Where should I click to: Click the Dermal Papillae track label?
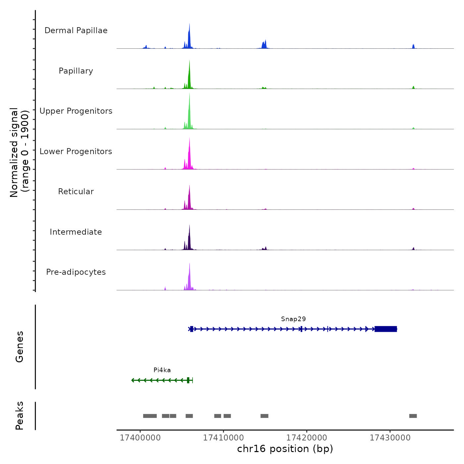(x=76, y=30)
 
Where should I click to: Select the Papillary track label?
(x=76, y=71)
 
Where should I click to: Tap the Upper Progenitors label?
(x=76, y=111)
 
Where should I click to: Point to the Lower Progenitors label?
(x=76, y=151)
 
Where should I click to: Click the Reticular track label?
(x=76, y=192)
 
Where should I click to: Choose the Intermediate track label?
(x=76, y=232)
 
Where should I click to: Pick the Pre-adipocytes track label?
(x=76, y=272)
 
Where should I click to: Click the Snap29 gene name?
(x=293, y=319)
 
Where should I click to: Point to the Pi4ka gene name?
(x=162, y=370)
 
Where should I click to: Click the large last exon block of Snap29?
(x=386, y=329)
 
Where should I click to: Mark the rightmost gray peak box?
(x=413, y=416)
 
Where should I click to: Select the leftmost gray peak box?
(x=150, y=416)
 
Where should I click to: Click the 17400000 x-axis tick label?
(x=140, y=438)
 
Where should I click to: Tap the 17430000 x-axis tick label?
(x=390, y=438)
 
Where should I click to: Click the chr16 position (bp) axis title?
(x=285, y=449)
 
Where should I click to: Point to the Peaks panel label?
(x=20, y=416)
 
